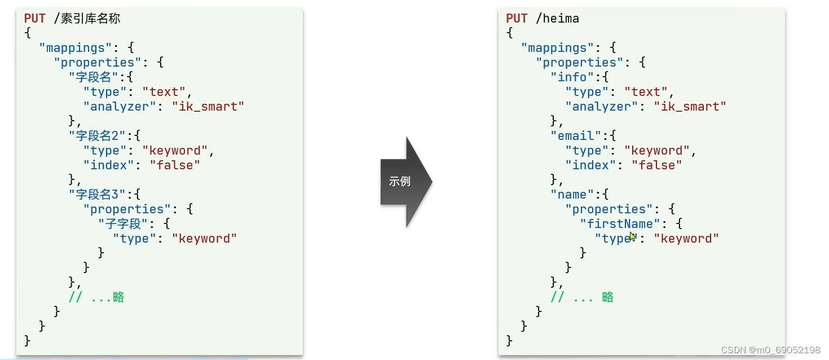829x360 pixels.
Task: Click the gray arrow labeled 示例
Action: coord(404,182)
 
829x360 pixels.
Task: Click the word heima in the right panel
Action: coord(557,19)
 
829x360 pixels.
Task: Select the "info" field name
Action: coord(572,77)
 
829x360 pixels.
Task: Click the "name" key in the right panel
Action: coord(572,195)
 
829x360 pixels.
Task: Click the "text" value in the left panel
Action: coord(164,92)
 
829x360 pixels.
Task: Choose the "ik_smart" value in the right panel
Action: coord(690,107)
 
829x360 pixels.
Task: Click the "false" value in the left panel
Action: coord(175,165)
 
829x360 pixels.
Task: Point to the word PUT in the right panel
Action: coord(517,19)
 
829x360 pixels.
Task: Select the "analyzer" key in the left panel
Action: coord(120,107)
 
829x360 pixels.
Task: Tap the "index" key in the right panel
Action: coord(594,165)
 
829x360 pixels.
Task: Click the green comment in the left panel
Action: coord(96,297)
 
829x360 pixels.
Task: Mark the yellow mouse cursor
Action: coord(633,236)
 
